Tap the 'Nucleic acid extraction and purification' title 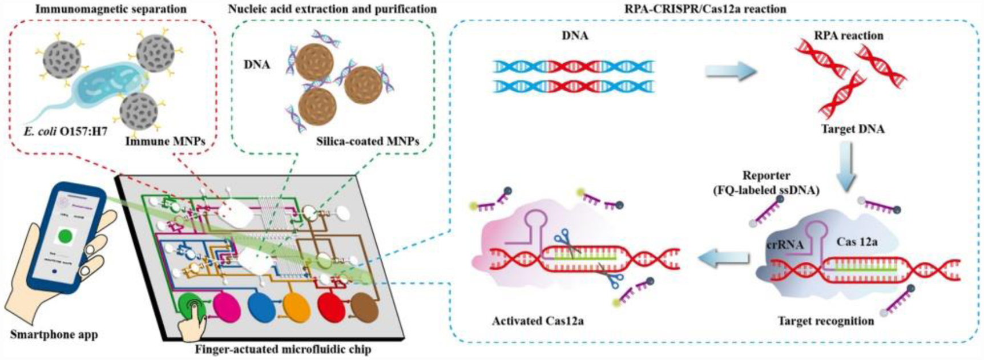[x=332, y=9]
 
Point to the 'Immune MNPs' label [x=166, y=141]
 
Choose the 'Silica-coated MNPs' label [x=368, y=141]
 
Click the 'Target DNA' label [x=853, y=129]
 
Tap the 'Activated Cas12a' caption [x=538, y=321]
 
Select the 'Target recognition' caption [x=826, y=321]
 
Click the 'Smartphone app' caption [x=54, y=334]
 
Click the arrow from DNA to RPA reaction [x=730, y=71]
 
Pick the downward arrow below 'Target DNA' [x=847, y=165]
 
